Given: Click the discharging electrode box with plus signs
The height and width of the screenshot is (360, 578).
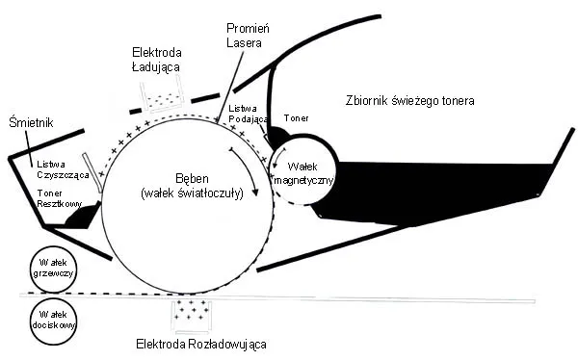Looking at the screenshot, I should [191, 313].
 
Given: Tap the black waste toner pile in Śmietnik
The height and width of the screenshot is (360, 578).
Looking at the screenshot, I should [76, 219].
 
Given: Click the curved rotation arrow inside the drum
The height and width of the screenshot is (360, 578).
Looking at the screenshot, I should [252, 174].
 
